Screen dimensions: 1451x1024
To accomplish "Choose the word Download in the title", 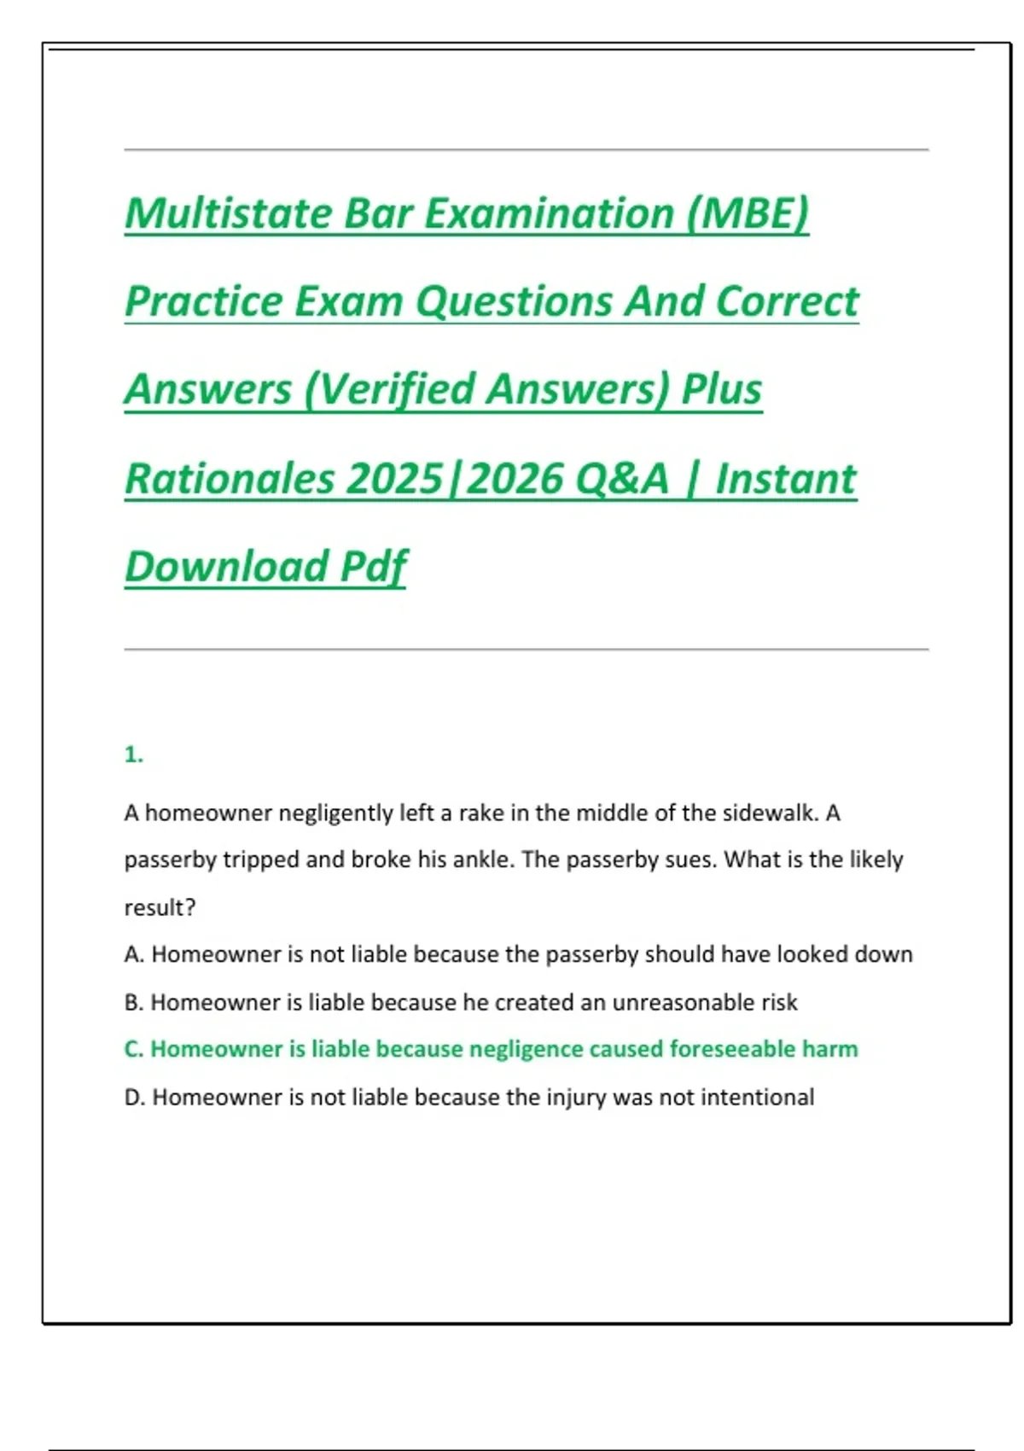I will pyautogui.click(x=226, y=566).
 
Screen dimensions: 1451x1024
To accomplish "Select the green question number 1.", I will pyautogui.click(x=133, y=755).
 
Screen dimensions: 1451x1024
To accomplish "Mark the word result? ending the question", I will pyautogui.click(x=160, y=907).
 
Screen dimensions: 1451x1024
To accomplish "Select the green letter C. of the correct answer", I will pyautogui.click(x=134, y=1049).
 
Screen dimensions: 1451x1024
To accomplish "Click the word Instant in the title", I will pyautogui.click(x=785, y=478).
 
